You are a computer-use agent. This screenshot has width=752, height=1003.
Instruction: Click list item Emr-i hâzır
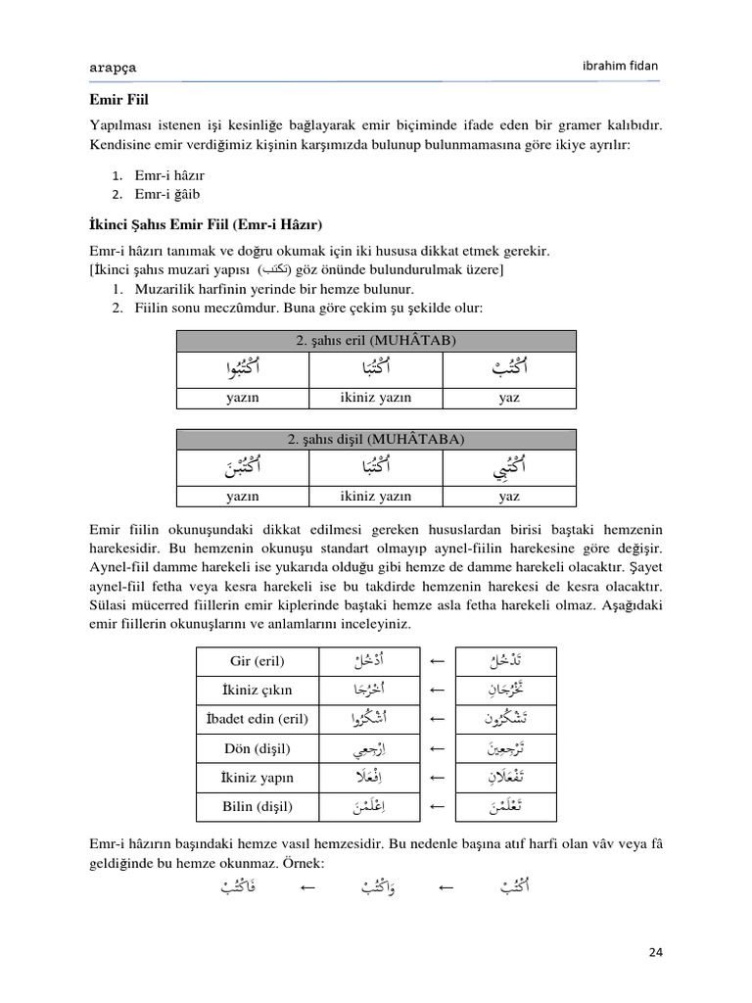tap(169, 174)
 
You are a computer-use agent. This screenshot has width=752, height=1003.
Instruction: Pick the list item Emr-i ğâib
tap(168, 193)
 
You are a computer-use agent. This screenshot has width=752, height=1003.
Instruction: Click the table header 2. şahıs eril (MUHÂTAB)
tap(376, 341)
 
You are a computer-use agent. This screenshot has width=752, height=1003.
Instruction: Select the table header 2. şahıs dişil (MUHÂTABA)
tap(376, 440)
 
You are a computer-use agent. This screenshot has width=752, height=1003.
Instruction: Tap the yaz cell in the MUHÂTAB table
tap(509, 398)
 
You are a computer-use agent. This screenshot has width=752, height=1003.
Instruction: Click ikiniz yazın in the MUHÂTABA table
tap(376, 497)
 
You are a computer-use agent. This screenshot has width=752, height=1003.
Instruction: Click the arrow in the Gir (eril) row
tap(438, 660)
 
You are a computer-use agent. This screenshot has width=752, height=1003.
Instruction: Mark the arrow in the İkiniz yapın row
tap(438, 778)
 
